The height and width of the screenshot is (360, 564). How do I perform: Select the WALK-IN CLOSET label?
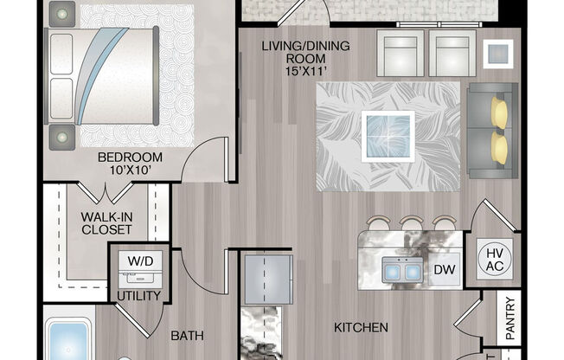(x=107, y=222)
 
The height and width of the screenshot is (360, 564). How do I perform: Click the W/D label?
(x=137, y=259)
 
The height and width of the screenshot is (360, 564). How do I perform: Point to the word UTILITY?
(x=138, y=296)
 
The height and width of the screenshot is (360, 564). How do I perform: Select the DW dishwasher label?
(x=444, y=271)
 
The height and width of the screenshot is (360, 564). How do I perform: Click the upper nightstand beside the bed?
(x=61, y=13)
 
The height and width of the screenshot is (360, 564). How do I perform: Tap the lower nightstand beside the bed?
(x=62, y=135)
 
